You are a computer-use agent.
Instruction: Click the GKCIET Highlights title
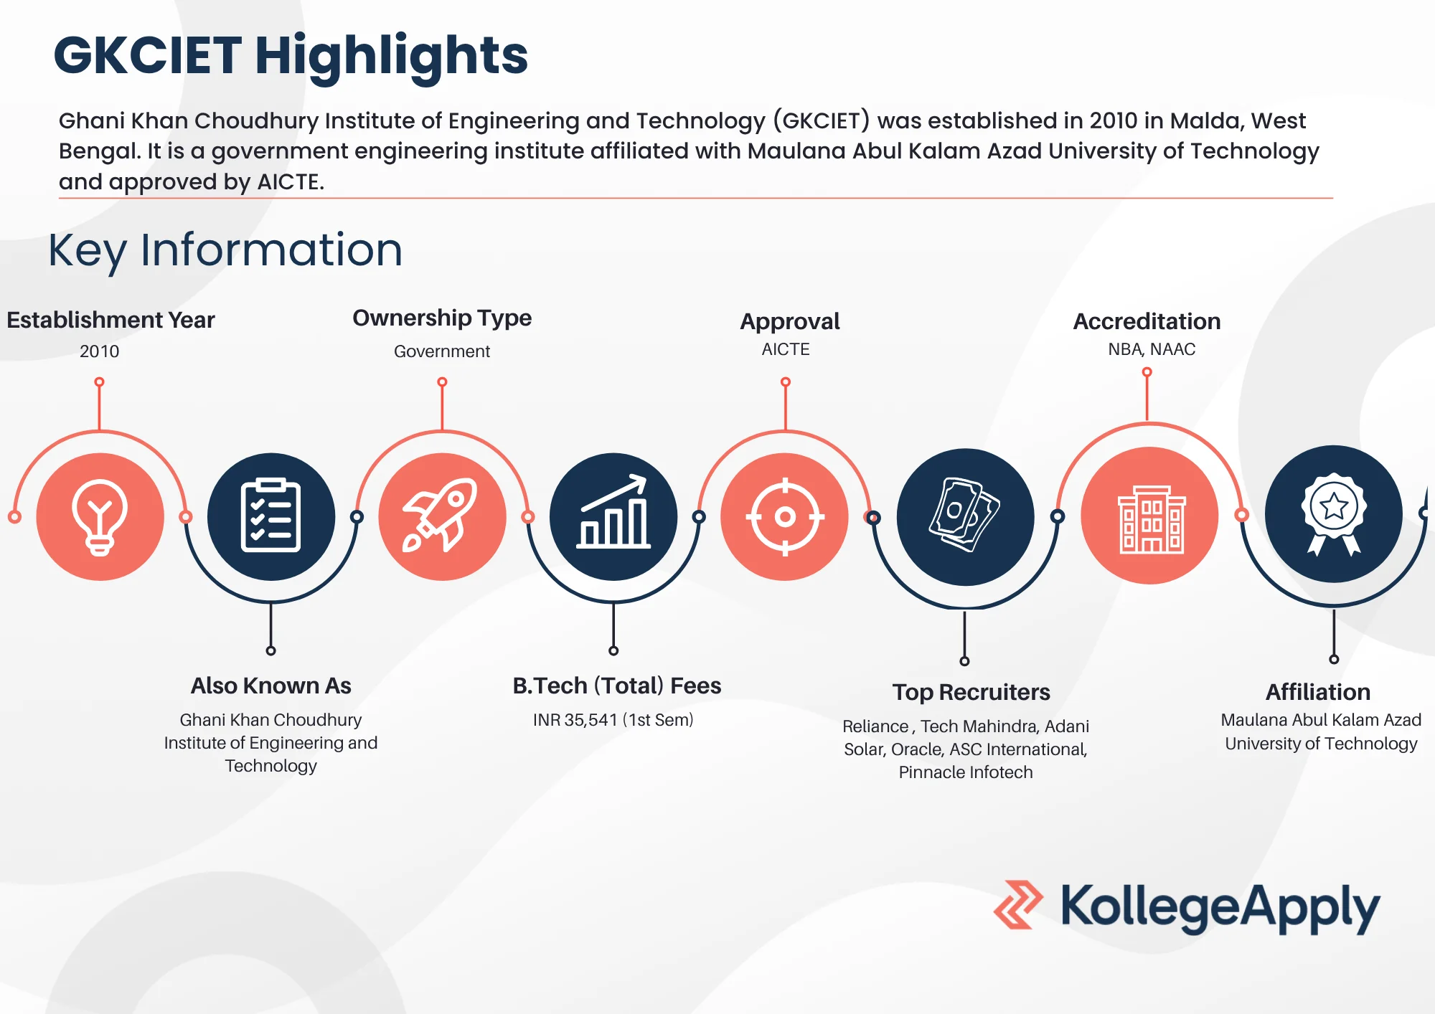291,56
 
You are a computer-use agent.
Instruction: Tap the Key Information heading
225,250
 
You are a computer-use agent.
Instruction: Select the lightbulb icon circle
100,516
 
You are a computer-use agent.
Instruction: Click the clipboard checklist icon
270,516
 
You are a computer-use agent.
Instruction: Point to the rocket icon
442,516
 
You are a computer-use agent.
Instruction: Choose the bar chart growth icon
613,516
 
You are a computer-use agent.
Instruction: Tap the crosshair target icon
785,516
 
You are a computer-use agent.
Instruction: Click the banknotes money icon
965,516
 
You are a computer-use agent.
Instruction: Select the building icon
1150,516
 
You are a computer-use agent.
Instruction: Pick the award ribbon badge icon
1333,513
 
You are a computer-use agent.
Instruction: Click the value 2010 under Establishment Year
99,351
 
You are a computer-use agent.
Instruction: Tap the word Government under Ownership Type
442,351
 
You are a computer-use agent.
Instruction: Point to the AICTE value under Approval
786,349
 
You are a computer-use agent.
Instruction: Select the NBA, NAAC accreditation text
1152,349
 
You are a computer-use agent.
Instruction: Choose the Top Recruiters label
971,692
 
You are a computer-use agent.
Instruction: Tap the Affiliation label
1318,692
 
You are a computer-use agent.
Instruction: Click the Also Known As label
270,686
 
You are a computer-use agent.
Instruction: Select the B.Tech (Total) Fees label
616,686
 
